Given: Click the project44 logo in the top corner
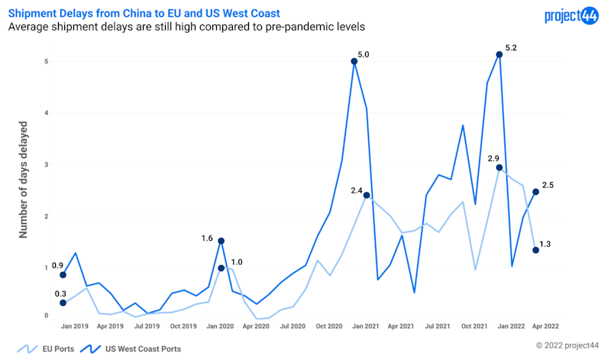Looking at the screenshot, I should (571, 15).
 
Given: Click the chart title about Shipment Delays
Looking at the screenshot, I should (144, 13).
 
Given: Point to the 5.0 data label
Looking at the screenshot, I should (364, 55).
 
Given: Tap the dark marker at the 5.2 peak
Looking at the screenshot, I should (499, 54).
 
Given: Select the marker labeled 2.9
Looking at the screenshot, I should (499, 167).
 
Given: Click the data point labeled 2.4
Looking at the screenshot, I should (367, 195).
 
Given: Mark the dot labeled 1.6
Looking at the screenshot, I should (221, 241).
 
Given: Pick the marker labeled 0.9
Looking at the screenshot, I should (63, 274).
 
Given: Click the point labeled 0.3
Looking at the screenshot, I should (63, 303).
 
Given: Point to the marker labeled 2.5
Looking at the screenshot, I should (535, 192).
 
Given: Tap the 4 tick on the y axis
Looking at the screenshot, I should (46, 113).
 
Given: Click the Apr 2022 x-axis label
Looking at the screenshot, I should (545, 325).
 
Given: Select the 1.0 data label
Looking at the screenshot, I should (237, 262).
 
